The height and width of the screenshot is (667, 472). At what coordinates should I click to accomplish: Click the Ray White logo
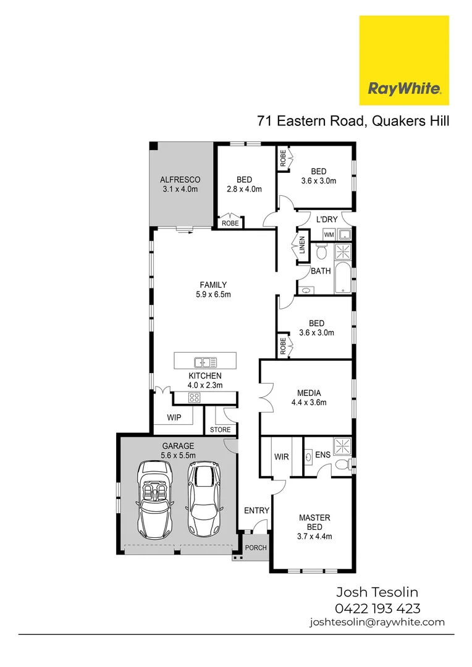coord(404,61)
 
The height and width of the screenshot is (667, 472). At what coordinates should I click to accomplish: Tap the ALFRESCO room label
coord(180,184)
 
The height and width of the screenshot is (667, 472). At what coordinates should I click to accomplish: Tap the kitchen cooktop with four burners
coord(193,398)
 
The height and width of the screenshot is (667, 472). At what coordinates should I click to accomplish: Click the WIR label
coord(281,458)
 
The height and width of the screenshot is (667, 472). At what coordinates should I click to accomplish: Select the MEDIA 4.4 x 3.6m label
coord(308,397)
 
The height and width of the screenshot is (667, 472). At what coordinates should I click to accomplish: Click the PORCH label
coord(256,548)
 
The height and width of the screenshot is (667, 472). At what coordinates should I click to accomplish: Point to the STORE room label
coord(220,429)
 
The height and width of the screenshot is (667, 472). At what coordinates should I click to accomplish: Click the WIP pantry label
coord(174,417)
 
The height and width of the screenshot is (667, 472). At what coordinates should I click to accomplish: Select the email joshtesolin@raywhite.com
coord(377,622)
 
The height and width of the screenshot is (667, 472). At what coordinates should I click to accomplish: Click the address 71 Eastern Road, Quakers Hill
coord(353,120)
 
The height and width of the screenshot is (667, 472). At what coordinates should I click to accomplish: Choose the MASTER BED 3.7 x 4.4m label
coord(314,527)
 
